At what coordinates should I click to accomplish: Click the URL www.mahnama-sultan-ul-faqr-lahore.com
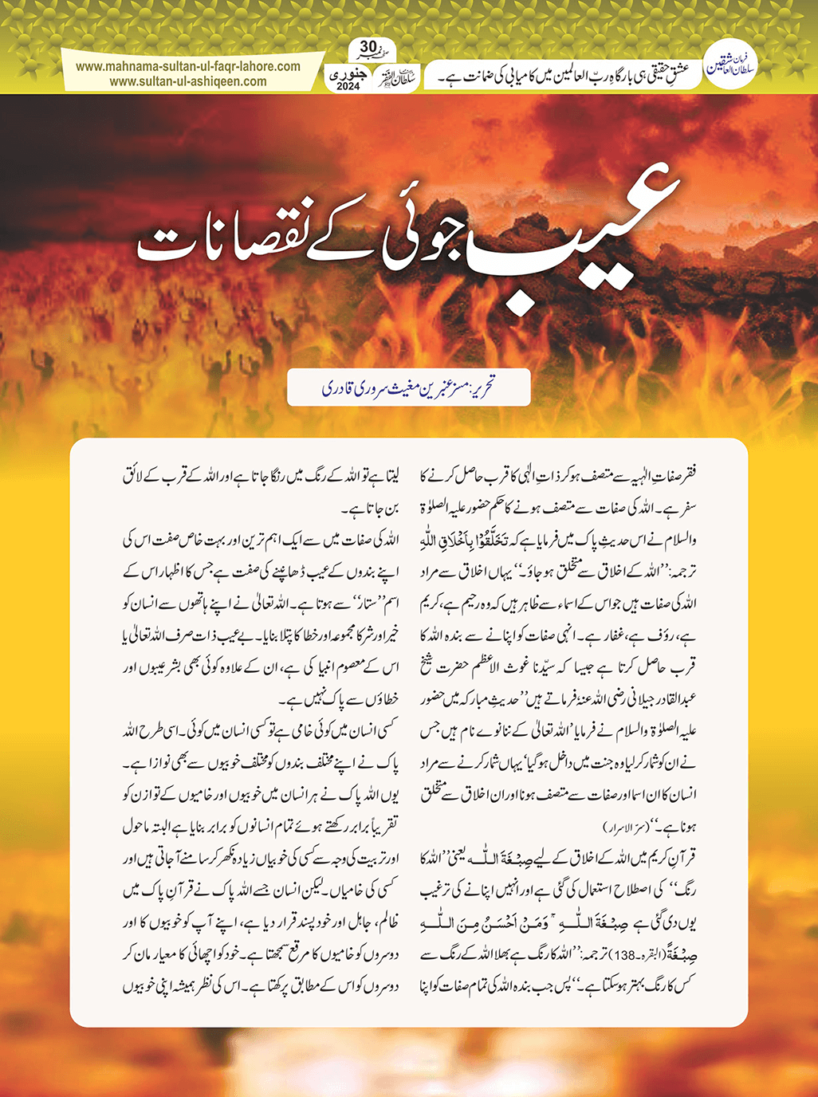click(x=188, y=67)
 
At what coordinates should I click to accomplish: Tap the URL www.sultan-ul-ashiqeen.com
click(x=188, y=81)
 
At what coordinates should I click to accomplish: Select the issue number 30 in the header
click(x=368, y=45)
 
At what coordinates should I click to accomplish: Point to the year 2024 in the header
click(x=348, y=87)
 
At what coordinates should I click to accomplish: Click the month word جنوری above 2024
click(x=349, y=73)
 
